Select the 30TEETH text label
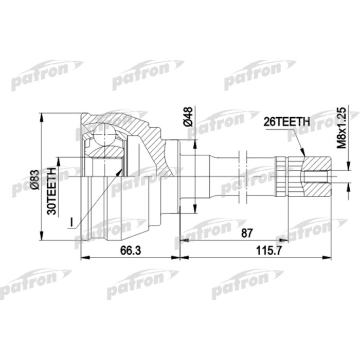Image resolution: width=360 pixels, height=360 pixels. point(51,191)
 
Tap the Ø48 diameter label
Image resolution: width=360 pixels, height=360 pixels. point(188,117)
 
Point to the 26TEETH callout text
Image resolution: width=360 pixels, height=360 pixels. point(286,122)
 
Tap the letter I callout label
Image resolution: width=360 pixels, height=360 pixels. point(72,222)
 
